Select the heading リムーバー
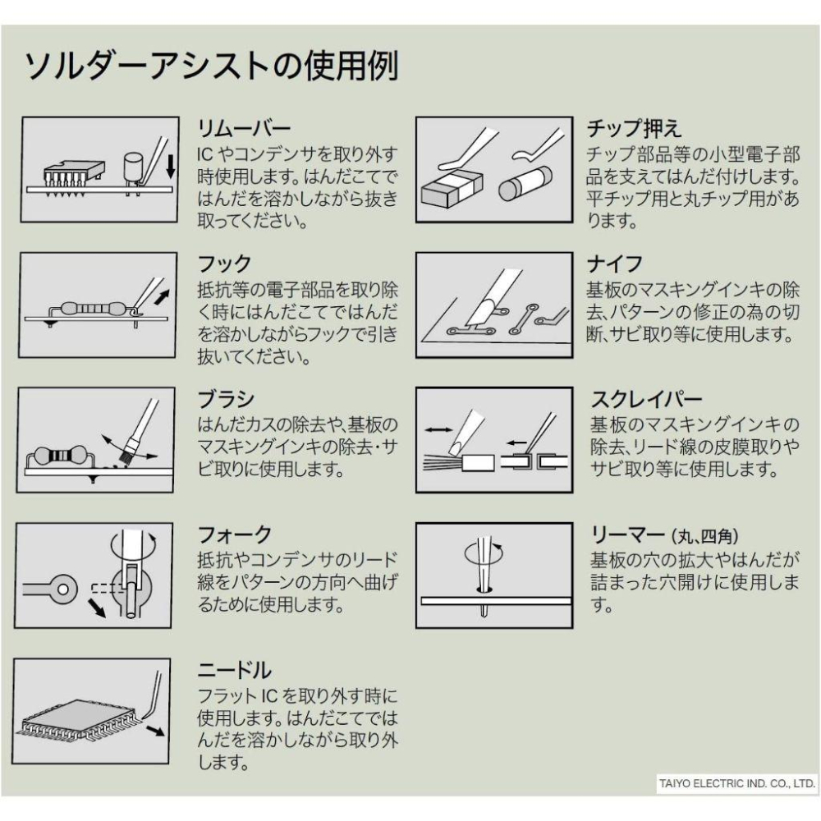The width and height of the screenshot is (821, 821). tap(244, 130)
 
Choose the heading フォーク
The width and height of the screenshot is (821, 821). tap(235, 535)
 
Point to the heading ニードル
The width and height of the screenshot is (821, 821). tap(235, 671)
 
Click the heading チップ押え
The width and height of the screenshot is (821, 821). tap(634, 130)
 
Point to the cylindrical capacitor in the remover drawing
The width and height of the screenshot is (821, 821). tap(132, 168)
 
